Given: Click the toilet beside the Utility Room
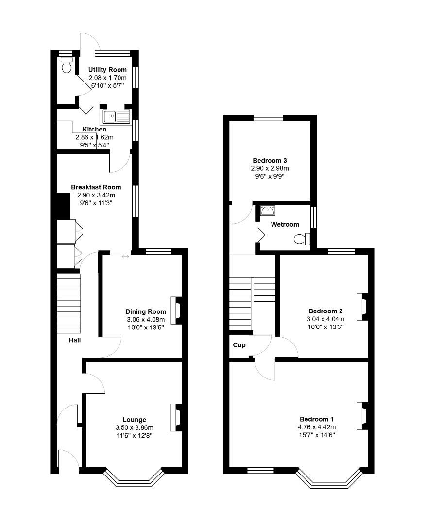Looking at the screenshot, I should pos(67,65).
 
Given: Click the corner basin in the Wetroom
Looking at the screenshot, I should pos(268,211).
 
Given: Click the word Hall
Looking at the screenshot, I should pos(74,340).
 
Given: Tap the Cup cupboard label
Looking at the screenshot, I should pos(239,345).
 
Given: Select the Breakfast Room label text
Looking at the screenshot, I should pos(96,187).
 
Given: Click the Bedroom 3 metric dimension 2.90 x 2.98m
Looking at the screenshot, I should pos(270,168).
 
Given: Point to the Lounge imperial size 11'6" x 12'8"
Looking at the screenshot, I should pos(134,435).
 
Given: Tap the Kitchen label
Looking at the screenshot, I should pos(94,130).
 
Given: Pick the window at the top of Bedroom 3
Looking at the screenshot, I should pos(269,117).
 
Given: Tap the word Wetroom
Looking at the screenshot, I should pos(285,224).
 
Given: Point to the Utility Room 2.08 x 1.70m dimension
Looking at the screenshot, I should pos(107,78).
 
